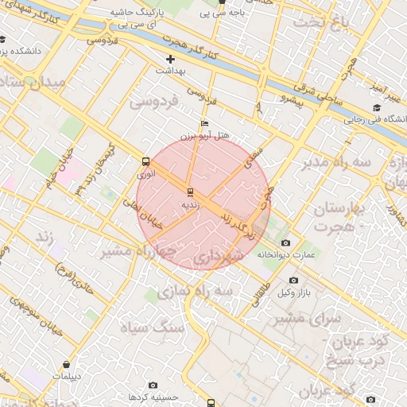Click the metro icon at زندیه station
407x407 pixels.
click(189, 192)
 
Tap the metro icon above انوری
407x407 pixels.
click(145, 160)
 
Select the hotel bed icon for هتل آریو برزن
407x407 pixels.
click(204, 124)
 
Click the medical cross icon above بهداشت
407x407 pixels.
click(170, 59)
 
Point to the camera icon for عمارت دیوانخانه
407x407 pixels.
click(286, 242)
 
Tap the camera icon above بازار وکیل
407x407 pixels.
click(293, 281)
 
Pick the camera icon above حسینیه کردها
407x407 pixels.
click(153, 385)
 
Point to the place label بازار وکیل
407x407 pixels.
click(294, 294)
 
